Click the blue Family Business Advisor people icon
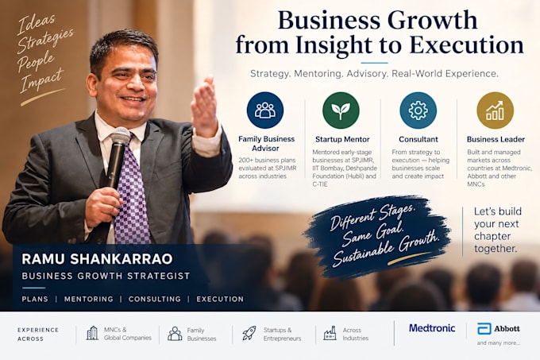tap(265, 110)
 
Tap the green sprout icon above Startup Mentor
tap(341, 110)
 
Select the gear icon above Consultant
tap(418, 110)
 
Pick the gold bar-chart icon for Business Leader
tap(496, 110)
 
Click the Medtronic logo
tap(432, 328)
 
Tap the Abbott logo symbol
tap(484, 329)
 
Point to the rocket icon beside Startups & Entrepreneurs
tap(249, 333)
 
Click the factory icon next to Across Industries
tap(330, 333)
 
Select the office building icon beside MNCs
tap(92, 333)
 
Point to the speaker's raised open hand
tap(205, 106)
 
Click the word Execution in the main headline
tap(467, 45)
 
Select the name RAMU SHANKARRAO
tap(97, 259)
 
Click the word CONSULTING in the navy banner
tap(155, 299)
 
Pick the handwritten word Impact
tap(41, 80)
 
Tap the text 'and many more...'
tap(499, 343)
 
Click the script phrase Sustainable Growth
tap(387, 249)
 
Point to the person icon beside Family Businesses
tap(175, 334)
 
